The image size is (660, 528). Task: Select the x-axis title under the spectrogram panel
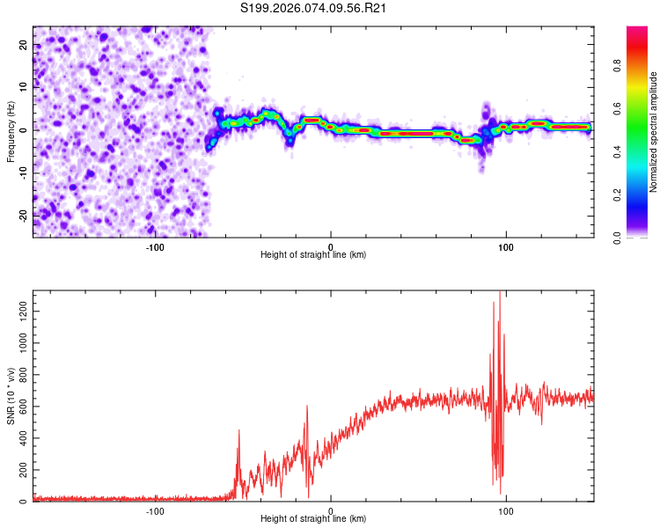pos(313,255)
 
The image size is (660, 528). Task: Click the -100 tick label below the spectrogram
pos(155,246)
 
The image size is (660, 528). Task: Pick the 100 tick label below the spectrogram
pos(505,246)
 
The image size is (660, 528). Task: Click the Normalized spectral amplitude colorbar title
pos(654,132)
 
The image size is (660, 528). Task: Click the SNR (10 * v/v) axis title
pos(11,396)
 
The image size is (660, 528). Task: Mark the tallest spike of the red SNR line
pos(500,294)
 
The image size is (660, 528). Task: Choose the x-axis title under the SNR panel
pos(313,519)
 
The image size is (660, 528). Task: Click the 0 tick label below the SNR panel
pos(330,510)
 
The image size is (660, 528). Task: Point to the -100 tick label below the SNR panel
pos(155,510)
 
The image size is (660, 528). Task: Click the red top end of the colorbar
pos(637,32)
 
